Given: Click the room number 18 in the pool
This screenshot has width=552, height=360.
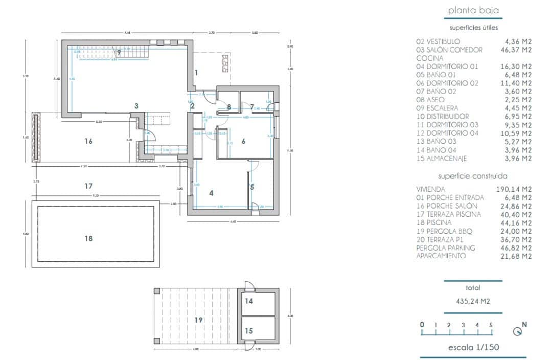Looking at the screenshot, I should click(88, 238).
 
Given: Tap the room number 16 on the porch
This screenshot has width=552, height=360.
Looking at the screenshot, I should click(88, 141).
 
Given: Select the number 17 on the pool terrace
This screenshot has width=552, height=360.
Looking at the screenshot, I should click(88, 186).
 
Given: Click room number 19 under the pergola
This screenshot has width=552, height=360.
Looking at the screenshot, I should click(198, 320).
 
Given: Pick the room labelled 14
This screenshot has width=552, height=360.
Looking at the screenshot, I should click(248, 302).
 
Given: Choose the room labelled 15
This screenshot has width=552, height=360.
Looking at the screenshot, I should click(248, 331).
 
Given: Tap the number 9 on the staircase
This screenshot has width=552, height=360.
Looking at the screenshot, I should click(119, 52).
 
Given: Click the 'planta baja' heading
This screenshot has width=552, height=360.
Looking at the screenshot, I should click(473, 10).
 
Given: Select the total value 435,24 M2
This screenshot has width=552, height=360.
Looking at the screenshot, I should click(473, 302).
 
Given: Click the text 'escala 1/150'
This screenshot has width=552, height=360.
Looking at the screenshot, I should click(473, 348).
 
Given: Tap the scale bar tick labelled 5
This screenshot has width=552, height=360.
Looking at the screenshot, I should click(491, 325).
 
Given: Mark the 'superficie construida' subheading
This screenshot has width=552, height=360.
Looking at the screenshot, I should click(473, 176).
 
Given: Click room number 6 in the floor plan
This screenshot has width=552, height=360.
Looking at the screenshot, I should click(244, 141).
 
